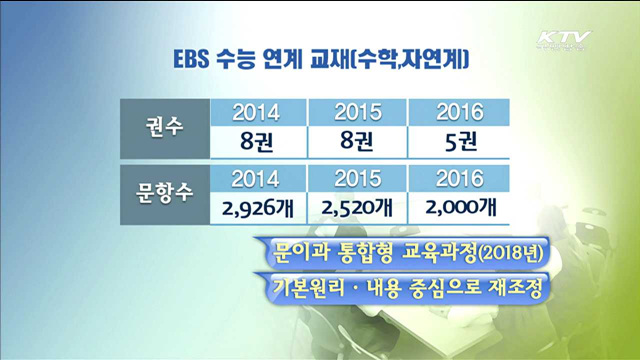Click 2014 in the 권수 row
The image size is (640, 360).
tap(256, 113)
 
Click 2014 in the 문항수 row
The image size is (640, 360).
tap(256, 180)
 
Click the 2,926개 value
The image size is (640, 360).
tap(256, 208)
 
